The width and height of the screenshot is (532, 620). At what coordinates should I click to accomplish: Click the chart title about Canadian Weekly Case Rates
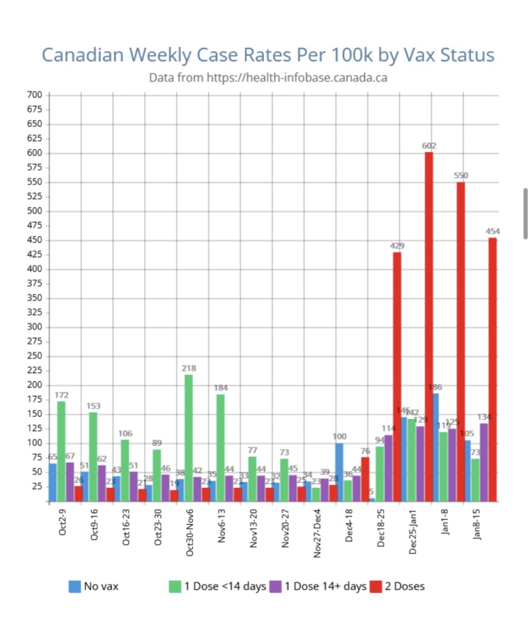(267, 55)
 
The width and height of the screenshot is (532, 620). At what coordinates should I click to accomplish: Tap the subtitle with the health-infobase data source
(267, 77)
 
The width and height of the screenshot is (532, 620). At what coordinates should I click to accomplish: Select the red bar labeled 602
(428, 327)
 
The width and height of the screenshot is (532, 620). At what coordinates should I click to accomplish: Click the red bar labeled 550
(460, 341)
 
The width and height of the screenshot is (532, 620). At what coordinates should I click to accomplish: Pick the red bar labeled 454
(492, 369)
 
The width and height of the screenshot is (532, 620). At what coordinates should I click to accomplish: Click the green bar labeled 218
(189, 437)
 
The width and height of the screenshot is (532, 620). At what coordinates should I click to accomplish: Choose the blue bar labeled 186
(436, 447)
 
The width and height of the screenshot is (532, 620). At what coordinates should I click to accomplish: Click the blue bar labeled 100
(340, 472)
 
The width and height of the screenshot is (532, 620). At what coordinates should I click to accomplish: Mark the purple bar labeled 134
(484, 462)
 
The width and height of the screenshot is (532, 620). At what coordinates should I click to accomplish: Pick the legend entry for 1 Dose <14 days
(217, 586)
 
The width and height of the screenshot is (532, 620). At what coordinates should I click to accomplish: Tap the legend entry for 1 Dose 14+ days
(319, 586)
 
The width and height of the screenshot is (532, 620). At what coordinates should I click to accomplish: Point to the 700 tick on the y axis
(36, 94)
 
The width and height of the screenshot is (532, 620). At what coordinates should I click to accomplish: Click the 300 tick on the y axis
(36, 327)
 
